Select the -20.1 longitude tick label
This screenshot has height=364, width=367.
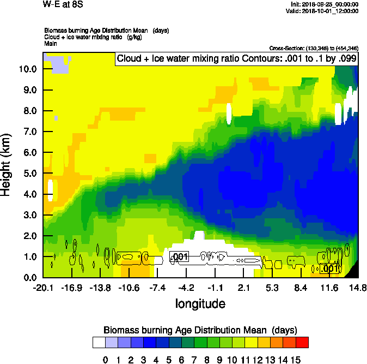pos(43,288)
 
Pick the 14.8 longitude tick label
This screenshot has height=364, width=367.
pos(358,288)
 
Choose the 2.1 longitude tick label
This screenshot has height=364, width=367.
pos(244,288)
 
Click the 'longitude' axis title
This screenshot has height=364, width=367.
pos(200,303)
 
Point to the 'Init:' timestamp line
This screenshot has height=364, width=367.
pos(325,4)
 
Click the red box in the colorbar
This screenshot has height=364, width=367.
pos(302,343)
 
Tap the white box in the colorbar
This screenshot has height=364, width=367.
pos(99,343)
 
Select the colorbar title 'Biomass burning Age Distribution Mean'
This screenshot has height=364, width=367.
pos(200,330)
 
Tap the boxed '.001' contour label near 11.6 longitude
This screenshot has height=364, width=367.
pos(329,268)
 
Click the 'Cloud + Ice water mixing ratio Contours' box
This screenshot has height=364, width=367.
pos(237,58)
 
